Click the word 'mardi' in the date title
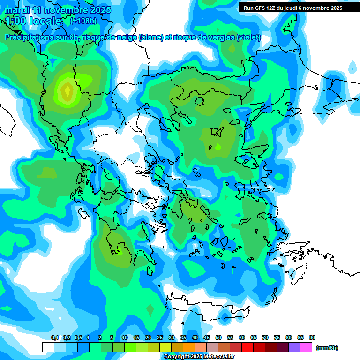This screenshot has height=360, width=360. (x=17, y=10)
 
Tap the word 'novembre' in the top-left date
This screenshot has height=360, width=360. (x=66, y=10)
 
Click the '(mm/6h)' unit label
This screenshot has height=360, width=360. (x=327, y=348)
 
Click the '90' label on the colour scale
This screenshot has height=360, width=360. (x=312, y=337)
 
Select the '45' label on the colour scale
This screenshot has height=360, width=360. (x=207, y=337)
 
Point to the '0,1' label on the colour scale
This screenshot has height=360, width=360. (x=54, y=337)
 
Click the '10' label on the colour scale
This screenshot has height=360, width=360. (x=125, y=337)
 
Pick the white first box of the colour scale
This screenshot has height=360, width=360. (x=48, y=347)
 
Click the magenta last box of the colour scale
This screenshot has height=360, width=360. (x=306, y=347)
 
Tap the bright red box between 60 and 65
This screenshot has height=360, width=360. (x=247, y=347)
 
